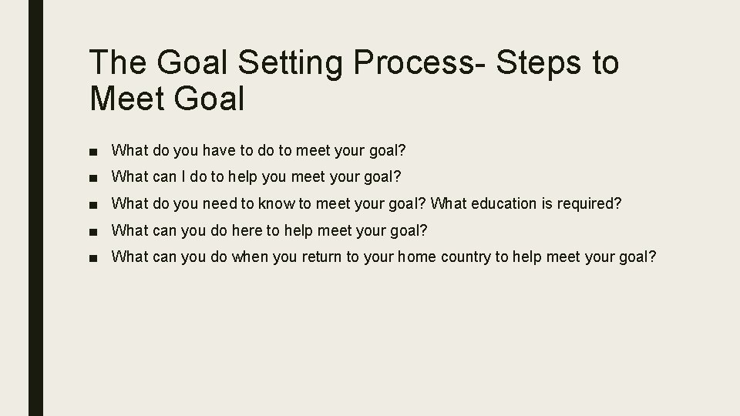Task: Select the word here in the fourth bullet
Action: (247, 230)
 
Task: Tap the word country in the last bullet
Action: (466, 257)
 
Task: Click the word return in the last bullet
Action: (319, 257)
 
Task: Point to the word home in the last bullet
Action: (418, 257)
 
